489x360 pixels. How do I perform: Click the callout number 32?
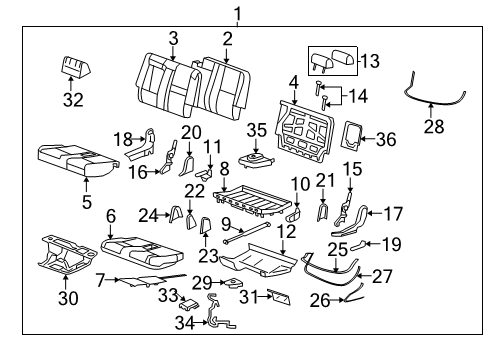72,99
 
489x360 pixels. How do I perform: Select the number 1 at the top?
238,13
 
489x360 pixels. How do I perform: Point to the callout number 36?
386,139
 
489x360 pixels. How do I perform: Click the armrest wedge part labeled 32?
72,67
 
